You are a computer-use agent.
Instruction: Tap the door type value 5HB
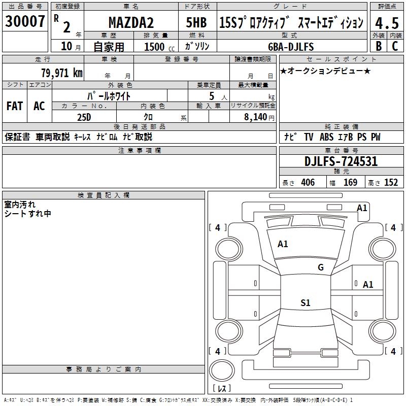coord(196,23)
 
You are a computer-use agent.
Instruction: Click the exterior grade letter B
coord(378,46)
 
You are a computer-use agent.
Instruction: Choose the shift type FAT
coord(14,106)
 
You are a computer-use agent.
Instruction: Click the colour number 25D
coord(84,116)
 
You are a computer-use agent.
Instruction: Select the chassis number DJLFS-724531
coord(341,161)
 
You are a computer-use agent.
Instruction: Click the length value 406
coord(307,183)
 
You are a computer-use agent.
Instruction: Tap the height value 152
coord(391,183)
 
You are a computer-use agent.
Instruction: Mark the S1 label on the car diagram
coord(305,303)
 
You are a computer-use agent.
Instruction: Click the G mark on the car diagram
coord(320,267)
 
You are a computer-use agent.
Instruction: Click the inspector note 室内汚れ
coord(20,205)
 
